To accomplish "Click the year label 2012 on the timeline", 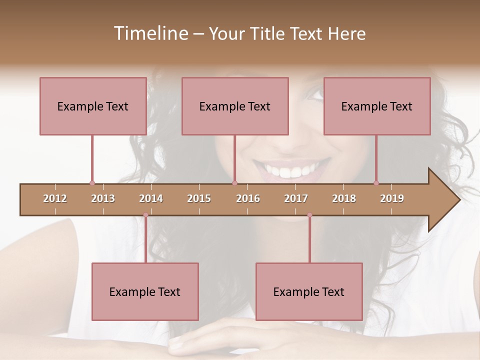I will (x=55, y=198).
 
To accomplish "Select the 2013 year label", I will (x=103, y=198).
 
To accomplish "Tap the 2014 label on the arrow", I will (x=151, y=198).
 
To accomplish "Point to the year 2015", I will (x=199, y=198).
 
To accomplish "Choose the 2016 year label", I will (x=248, y=198).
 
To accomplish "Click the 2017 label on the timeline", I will (x=296, y=198).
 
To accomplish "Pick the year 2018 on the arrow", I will (x=344, y=198).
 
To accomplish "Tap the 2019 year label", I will (x=392, y=198).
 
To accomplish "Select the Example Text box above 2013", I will (x=93, y=106).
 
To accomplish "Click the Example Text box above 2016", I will (x=235, y=106).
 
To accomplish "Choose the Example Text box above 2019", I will (x=377, y=106).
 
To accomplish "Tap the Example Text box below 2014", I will (x=145, y=291).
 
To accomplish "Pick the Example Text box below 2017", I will (x=309, y=291).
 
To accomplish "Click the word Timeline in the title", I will (x=150, y=33).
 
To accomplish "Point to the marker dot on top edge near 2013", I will (x=92, y=183).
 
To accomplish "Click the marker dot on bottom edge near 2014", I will (x=145, y=215).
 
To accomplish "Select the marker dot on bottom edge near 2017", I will (x=309, y=215).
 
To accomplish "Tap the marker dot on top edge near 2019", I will (x=376, y=183).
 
